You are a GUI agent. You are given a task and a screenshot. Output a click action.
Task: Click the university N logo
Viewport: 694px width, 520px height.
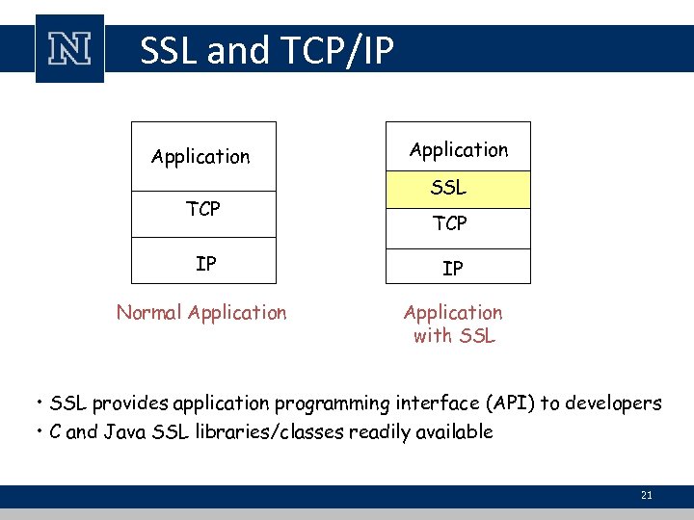(69, 49)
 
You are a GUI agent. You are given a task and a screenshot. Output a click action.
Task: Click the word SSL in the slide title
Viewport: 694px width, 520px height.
(168, 50)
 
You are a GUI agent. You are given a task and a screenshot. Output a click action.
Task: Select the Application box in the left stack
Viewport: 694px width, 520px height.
(202, 156)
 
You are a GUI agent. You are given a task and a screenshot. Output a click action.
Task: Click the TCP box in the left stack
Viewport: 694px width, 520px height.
(202, 209)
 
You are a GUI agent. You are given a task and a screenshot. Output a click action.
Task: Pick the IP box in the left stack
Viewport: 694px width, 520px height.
(204, 263)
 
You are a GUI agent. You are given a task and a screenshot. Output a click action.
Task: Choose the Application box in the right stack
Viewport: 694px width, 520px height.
(458, 149)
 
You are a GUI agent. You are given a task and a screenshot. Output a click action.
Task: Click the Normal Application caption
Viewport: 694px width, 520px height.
(201, 312)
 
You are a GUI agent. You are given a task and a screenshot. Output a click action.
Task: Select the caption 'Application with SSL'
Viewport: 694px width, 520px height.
(453, 324)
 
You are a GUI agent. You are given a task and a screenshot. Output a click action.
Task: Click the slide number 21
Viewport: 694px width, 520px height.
(646, 495)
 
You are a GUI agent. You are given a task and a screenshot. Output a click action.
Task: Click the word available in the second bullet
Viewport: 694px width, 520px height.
(453, 431)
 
